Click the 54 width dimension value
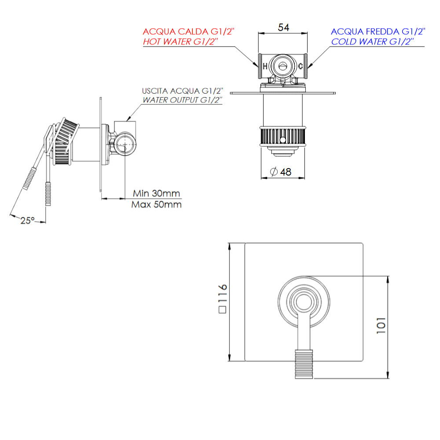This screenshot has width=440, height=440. [x=283, y=27]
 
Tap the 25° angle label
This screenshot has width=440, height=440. [x=27, y=220]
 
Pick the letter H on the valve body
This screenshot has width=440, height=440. [x=265, y=66]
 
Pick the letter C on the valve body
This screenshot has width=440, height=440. [x=300, y=66]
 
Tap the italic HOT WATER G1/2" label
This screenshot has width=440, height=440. [x=181, y=42]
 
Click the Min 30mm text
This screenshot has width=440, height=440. [x=157, y=194]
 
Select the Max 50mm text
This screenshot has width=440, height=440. [x=157, y=205]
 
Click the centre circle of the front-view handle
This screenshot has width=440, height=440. [x=304, y=303]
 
